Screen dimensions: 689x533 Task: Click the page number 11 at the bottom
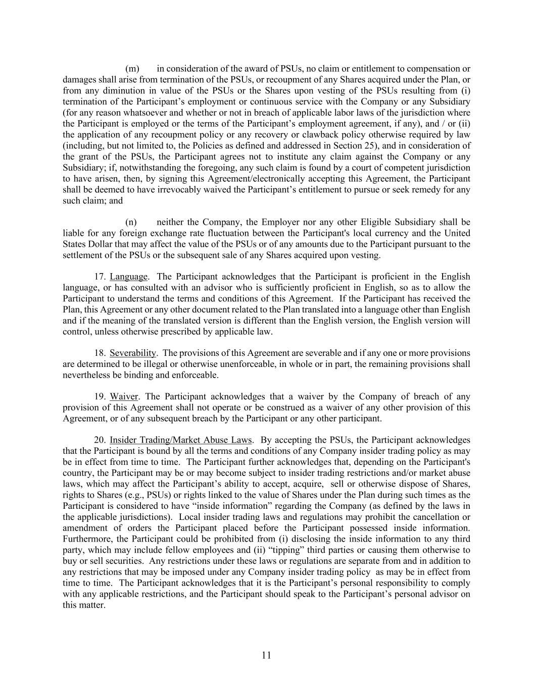[267, 655]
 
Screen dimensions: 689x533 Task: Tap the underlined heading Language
[129, 277]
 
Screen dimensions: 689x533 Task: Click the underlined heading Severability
[133, 353]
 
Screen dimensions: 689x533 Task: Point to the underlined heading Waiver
[124, 397]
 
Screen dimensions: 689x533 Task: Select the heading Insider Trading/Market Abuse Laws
[180, 440]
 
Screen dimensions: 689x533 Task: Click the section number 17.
[100, 277]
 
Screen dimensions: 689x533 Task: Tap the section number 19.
[100, 397]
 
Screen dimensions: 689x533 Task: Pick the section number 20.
[100, 440]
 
